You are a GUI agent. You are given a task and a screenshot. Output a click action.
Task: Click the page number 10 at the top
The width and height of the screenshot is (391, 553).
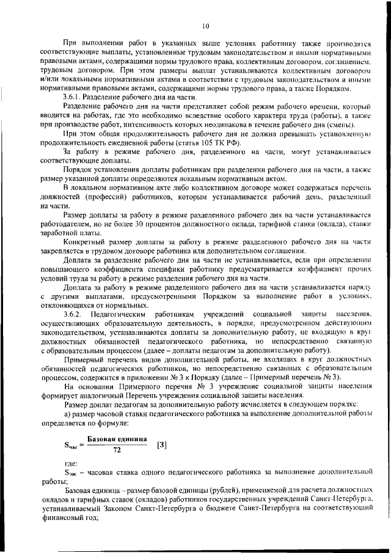coord(205,26)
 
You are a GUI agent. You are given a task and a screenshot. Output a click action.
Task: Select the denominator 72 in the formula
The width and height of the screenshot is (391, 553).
coord(117,450)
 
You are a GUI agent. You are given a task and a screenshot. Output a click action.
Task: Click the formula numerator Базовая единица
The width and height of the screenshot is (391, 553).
coord(117,439)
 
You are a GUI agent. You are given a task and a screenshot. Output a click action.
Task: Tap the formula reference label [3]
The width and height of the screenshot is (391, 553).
coord(162,445)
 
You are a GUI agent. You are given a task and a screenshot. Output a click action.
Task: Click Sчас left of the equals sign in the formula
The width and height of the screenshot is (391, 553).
coord(70,445)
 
